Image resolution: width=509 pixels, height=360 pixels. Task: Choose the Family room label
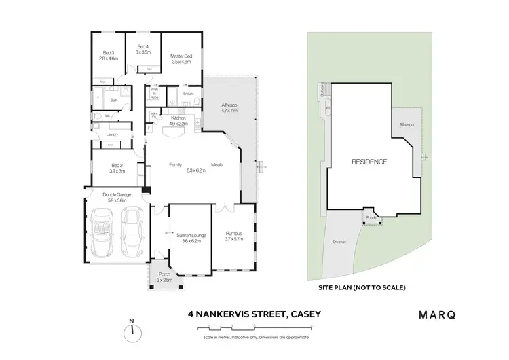[x=175, y=164]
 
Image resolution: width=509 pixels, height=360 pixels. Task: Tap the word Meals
[x=218, y=164]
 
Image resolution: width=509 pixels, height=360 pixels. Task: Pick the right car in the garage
[x=132, y=231]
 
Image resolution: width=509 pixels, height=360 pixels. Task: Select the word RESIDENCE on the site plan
[x=369, y=162]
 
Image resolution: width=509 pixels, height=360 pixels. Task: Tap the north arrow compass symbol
[x=132, y=331]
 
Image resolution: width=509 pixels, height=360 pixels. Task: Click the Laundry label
[x=112, y=134]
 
